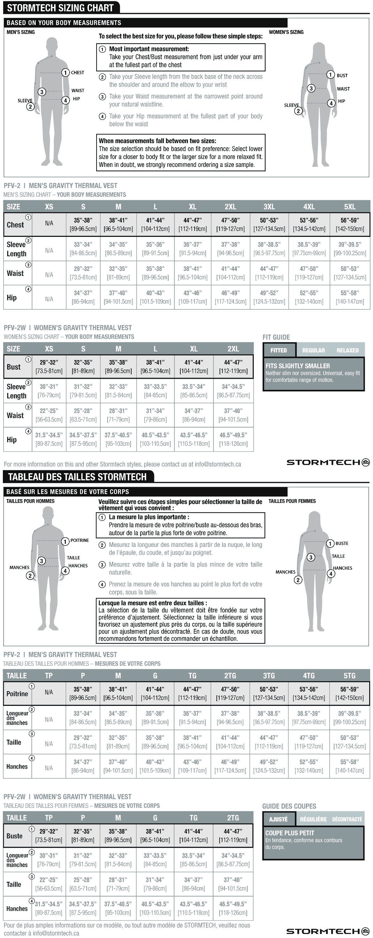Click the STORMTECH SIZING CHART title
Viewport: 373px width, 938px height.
(60, 8)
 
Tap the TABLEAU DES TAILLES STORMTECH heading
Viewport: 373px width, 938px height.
(77, 477)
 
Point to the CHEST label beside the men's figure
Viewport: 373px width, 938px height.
(77, 73)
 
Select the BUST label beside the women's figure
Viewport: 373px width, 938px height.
(342, 75)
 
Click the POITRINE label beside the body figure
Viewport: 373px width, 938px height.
(79, 540)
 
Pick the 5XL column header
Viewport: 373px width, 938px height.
(349, 207)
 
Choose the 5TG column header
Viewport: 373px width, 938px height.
(349, 676)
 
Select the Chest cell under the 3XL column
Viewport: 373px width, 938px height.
(269, 224)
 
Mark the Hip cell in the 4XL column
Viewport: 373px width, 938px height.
(309, 297)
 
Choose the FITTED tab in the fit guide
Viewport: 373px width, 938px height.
(279, 350)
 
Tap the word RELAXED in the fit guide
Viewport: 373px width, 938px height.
(347, 350)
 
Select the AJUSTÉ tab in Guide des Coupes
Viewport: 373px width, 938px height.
(278, 819)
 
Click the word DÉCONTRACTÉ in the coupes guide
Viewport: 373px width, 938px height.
(347, 819)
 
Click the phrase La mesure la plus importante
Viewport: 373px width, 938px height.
(148, 517)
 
